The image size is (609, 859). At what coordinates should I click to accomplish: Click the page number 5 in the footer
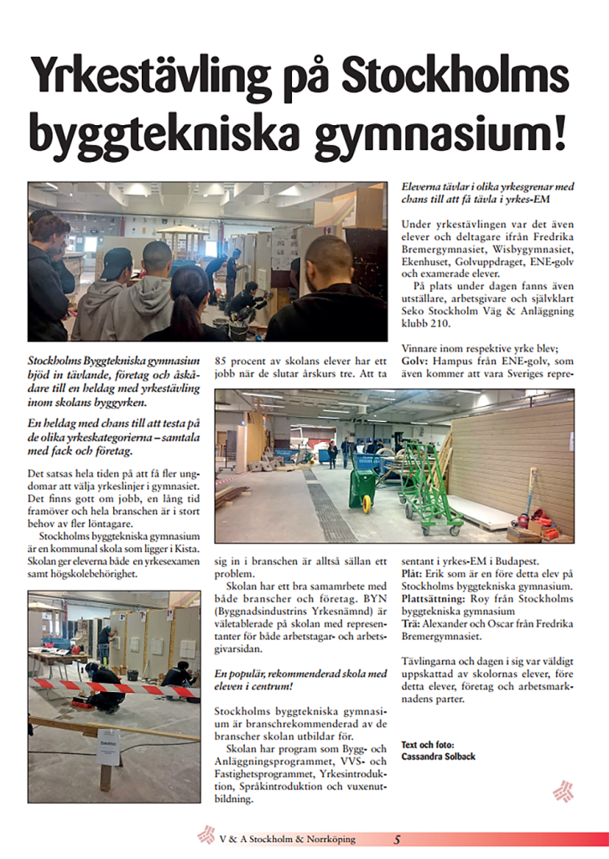(398, 839)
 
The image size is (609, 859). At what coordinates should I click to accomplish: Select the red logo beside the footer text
(205, 836)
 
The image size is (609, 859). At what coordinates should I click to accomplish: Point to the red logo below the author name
(563, 791)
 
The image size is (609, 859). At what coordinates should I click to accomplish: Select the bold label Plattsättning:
(435, 599)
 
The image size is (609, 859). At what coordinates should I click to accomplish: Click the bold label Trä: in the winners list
(410, 624)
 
